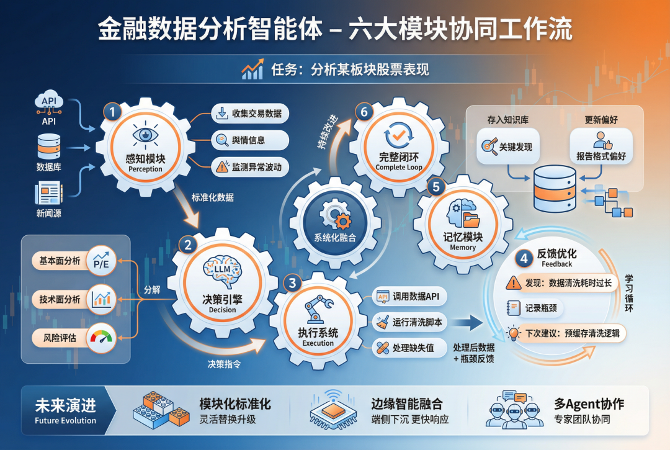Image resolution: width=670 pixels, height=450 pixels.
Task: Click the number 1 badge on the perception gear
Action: pos(112,112)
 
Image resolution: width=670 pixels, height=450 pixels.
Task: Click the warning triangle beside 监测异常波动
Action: pos(221,166)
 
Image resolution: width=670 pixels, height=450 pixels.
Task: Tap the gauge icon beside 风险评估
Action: pos(101,338)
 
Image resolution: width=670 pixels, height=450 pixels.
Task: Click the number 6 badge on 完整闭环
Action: pos(364,112)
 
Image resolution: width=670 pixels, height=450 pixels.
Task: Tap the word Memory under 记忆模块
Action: pos(463,247)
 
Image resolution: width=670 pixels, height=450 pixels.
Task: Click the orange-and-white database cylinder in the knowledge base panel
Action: pos(556,187)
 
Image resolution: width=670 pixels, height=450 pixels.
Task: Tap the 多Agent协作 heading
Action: pos(589,404)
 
